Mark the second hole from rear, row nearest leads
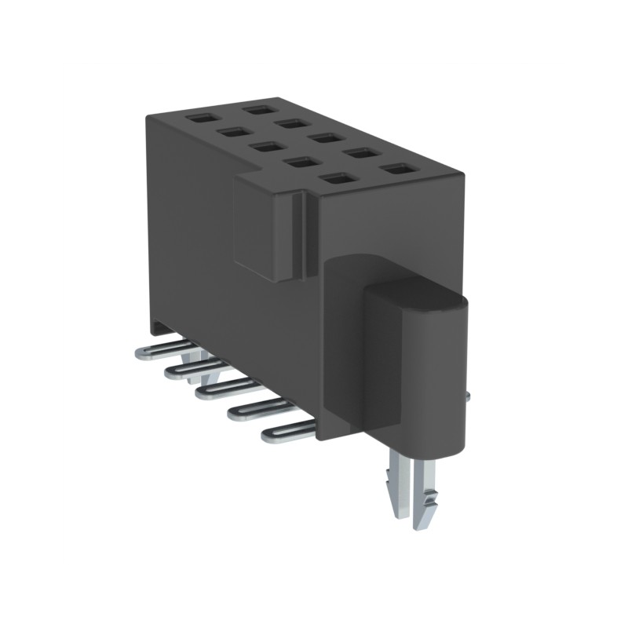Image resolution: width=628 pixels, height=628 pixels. click(x=233, y=132)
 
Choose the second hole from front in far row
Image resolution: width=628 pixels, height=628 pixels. click(x=359, y=153)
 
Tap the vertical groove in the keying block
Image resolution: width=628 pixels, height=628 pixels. click(x=298, y=235)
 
